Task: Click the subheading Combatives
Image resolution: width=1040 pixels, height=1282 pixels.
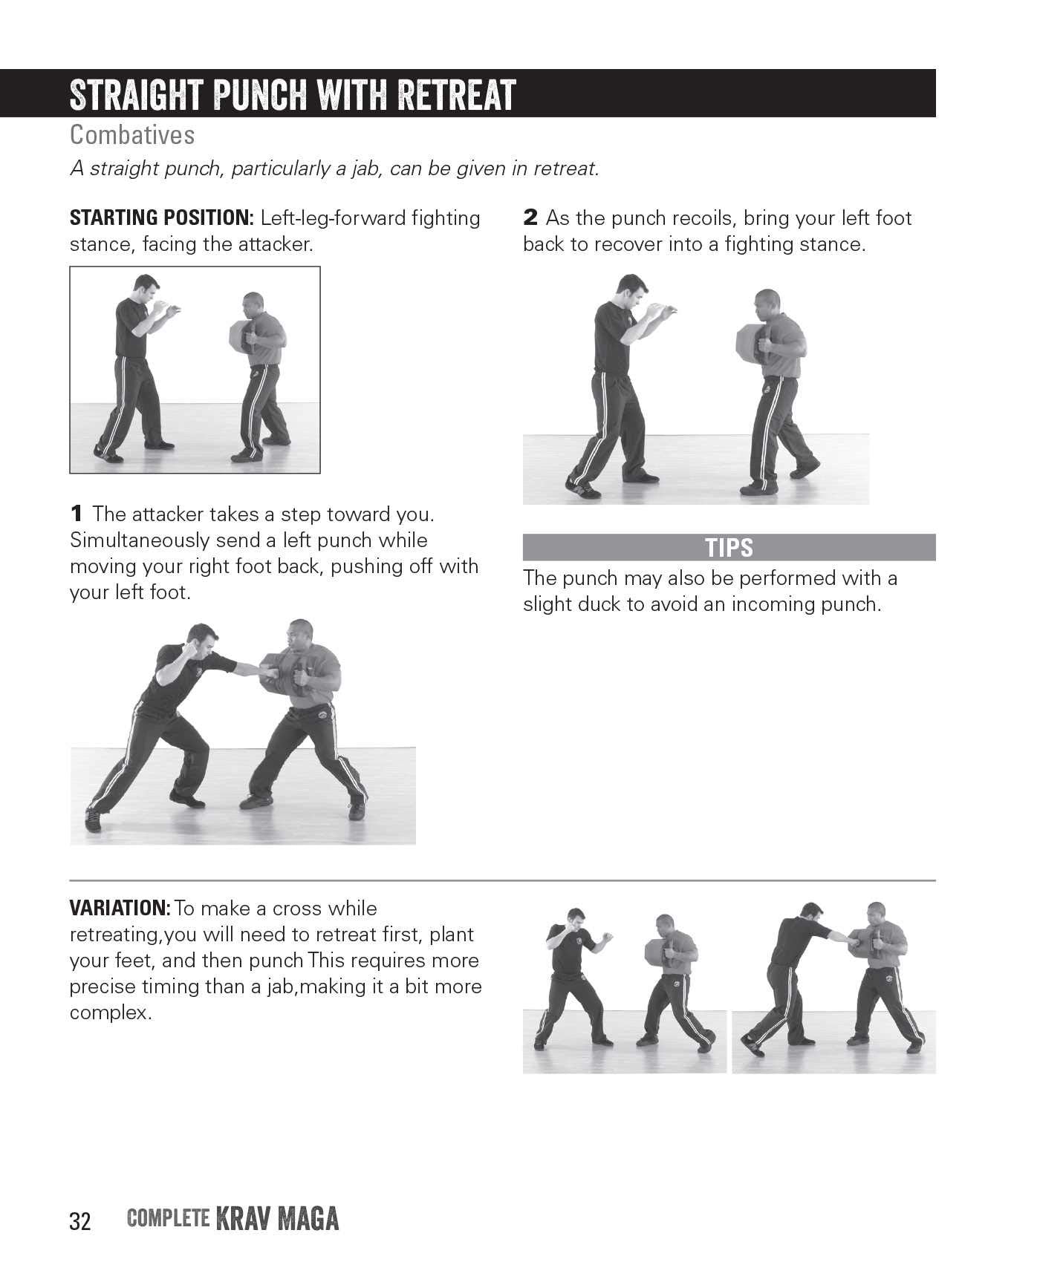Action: [x=132, y=135]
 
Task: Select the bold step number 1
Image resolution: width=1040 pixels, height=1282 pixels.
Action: [x=76, y=514]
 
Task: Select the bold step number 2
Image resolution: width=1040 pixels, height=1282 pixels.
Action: [x=530, y=218]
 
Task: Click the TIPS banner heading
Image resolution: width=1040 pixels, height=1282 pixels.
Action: [x=729, y=548]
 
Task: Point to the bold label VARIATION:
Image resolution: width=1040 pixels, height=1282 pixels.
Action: [x=120, y=908]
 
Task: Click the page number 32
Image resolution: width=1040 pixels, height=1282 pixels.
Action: [x=79, y=1221]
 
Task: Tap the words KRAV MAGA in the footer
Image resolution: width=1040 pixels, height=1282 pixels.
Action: [x=277, y=1220]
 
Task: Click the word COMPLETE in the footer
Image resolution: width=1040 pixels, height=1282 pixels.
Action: [x=167, y=1218]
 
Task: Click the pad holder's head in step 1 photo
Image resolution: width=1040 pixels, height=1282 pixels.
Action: [x=300, y=633]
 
